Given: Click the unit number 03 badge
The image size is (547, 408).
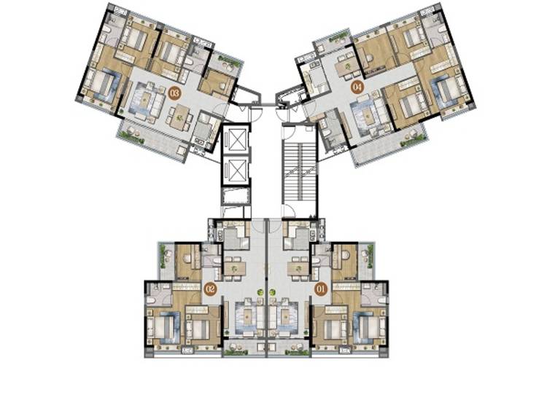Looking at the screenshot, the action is click(x=174, y=93).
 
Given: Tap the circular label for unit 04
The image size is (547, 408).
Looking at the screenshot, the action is click(x=357, y=87).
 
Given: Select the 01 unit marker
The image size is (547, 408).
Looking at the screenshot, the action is click(x=321, y=289).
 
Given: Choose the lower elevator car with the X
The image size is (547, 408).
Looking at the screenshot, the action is click(x=236, y=171).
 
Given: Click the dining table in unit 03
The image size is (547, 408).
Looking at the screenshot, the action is click(x=179, y=118).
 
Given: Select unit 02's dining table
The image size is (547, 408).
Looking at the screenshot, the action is click(x=235, y=269).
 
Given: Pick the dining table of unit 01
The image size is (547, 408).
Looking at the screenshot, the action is click(x=298, y=269).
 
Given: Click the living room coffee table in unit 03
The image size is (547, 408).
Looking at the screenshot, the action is click(x=144, y=100).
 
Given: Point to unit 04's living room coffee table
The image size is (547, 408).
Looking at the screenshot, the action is click(x=368, y=114).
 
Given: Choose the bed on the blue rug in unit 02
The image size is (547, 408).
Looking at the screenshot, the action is click(x=161, y=326).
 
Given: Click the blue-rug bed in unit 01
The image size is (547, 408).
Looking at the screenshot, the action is click(x=371, y=326).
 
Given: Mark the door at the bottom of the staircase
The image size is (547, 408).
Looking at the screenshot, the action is click(x=289, y=211).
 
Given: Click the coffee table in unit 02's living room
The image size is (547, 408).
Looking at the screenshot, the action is click(x=249, y=317).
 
